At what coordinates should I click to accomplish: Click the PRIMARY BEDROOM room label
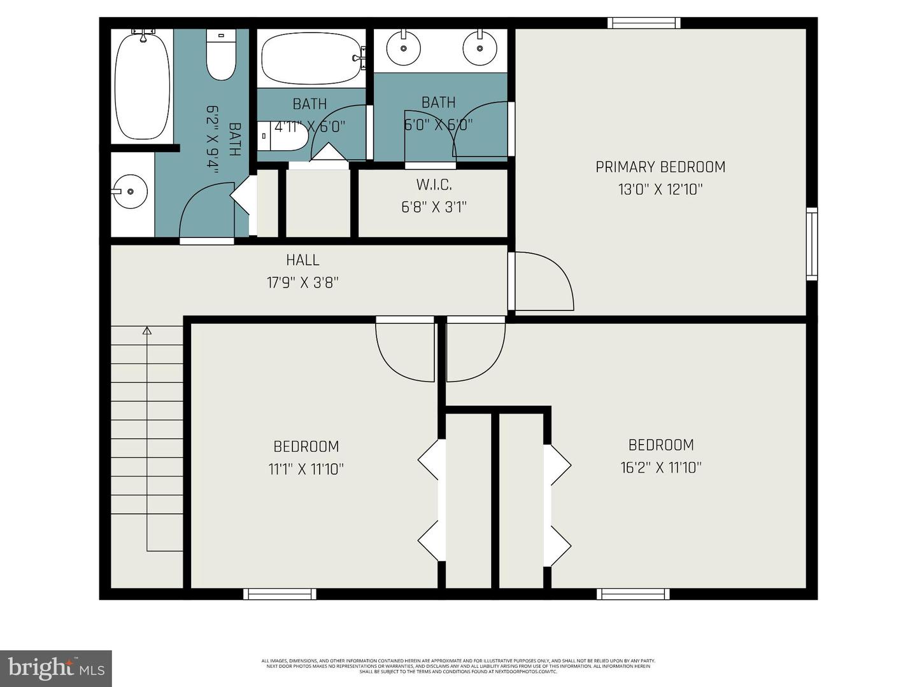tap(660, 167)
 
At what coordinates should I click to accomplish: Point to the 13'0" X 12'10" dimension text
tap(660, 190)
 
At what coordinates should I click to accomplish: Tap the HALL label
tap(302, 260)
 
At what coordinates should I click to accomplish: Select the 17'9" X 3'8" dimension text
tap(302, 282)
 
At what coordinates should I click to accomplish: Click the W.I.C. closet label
tap(434, 184)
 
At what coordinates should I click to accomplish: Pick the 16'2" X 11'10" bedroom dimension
tap(660, 468)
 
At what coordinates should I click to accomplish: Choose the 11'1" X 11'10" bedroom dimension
tap(306, 469)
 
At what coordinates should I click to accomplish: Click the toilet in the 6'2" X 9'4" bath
tap(221, 57)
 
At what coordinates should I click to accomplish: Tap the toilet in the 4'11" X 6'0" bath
tap(283, 135)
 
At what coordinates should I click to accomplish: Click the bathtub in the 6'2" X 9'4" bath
tap(142, 85)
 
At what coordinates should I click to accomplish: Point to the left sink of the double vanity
tap(403, 48)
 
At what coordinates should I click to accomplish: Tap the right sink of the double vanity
tap(480, 48)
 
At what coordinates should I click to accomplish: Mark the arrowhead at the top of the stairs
tap(147, 330)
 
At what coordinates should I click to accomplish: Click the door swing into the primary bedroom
tap(543, 282)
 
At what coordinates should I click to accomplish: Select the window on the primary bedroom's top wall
tap(643, 24)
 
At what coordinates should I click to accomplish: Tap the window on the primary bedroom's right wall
tap(811, 244)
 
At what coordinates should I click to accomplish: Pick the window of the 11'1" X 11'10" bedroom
tap(280, 594)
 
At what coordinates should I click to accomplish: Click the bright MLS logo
tap(56, 668)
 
